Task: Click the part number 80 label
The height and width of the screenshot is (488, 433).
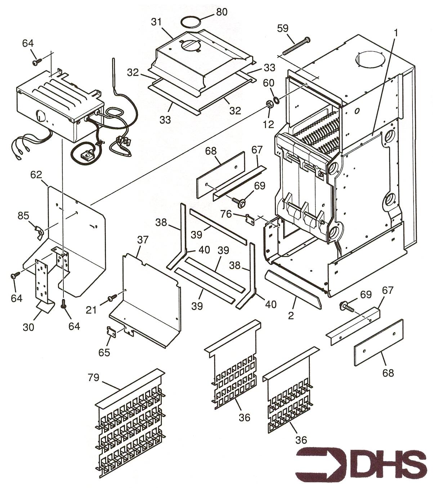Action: [x=222, y=12]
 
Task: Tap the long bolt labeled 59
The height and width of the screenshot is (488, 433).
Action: [x=296, y=46]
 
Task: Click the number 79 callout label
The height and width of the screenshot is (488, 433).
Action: [x=93, y=377]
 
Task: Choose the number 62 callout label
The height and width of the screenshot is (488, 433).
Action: [x=36, y=175]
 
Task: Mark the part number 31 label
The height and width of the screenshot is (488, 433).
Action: [x=157, y=22]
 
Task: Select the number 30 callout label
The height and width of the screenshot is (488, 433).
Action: [x=28, y=327]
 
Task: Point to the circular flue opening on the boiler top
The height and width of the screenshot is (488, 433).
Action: [x=370, y=59]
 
